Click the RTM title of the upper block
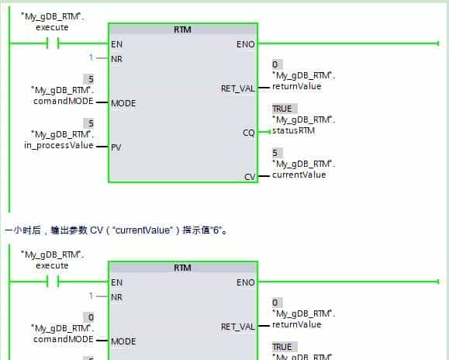pos(182,30)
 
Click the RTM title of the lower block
pos(182,268)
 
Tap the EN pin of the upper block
pos(117,44)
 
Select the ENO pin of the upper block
pos(245,44)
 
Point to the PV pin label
pos(116,145)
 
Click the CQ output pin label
pos(248,133)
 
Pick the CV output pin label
pos(249,177)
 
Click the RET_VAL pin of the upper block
pos(238,88)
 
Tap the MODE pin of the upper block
pos(123,102)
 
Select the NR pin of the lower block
pos(117,296)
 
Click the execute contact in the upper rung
pos(54,44)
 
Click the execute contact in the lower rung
pos(54,282)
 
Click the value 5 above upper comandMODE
pos(92,78)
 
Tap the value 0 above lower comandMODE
pos(92,317)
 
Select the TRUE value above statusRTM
pos(282,109)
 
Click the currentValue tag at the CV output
pos(299,175)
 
